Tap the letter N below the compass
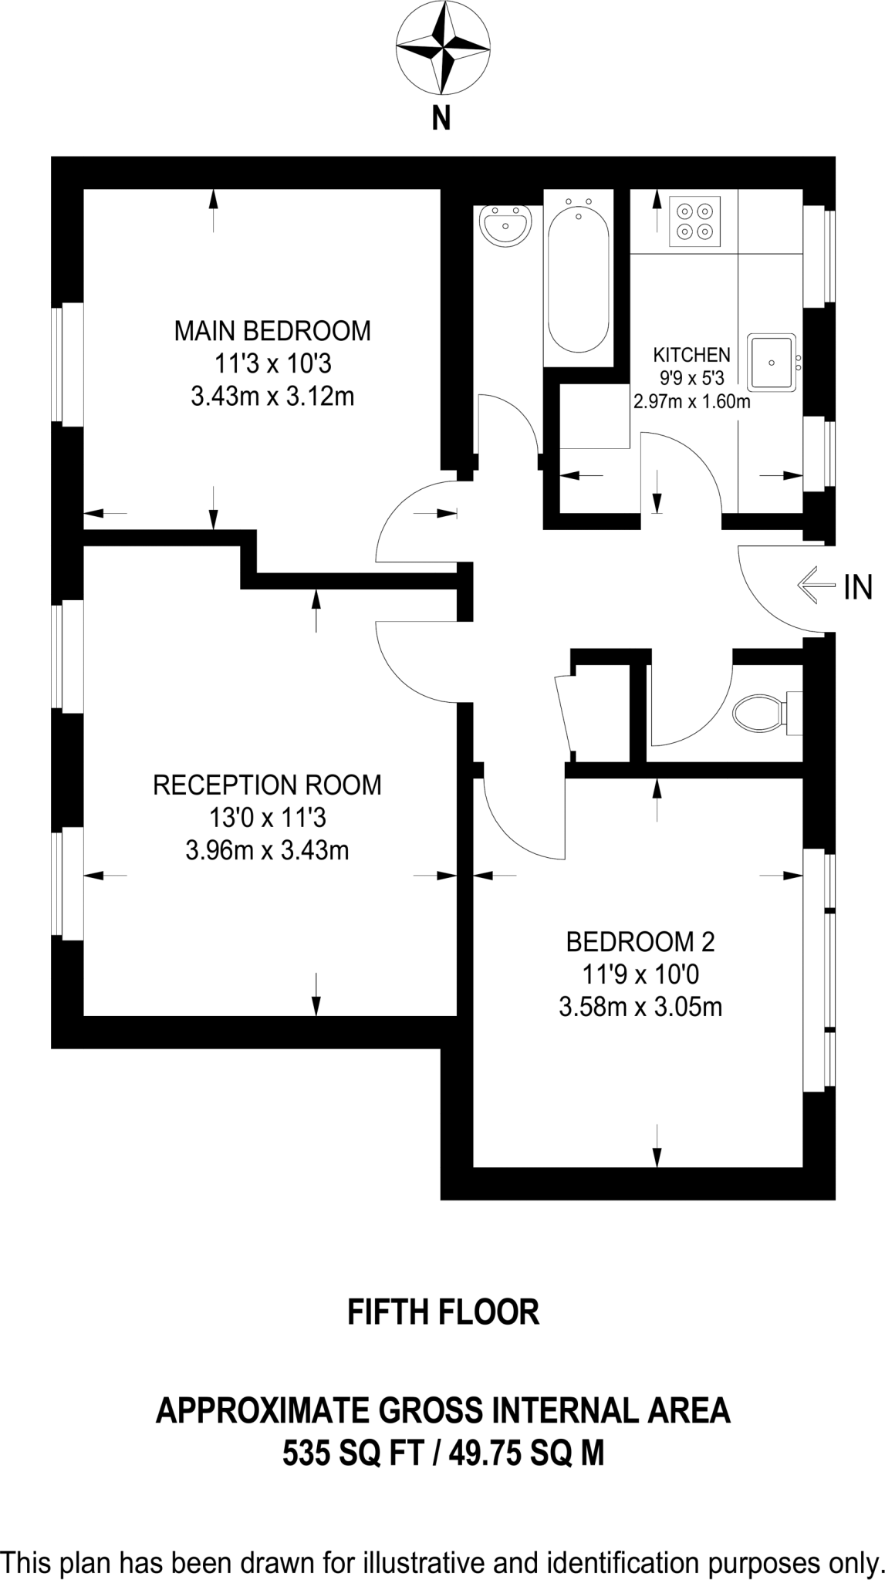tap(441, 120)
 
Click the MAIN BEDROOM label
tap(272, 331)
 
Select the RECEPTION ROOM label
tap(267, 785)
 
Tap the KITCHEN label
tap(691, 355)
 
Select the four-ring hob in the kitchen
tap(694, 221)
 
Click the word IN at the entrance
tap(858, 589)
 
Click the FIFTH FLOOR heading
tap(443, 1312)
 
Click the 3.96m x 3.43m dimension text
tap(267, 851)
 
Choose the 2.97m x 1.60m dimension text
tap(691, 402)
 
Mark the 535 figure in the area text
tap(307, 1455)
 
